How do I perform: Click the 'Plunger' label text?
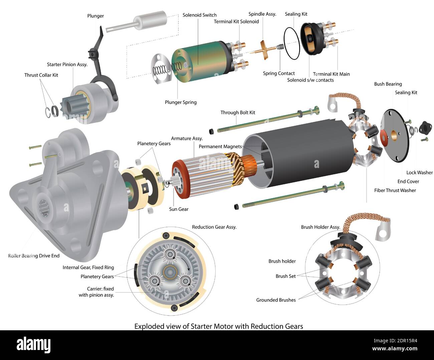[x=95, y=16]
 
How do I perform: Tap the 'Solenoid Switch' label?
[x=199, y=15]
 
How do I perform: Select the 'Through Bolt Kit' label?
[x=237, y=113]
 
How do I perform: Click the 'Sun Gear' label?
[x=179, y=209]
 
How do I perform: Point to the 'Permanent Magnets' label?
[x=220, y=146]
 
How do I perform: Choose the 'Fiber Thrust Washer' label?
[x=395, y=190]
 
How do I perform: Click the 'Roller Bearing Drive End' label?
[x=34, y=256]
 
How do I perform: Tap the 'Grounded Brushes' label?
[x=276, y=300]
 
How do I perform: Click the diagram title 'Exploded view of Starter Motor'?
[x=218, y=326]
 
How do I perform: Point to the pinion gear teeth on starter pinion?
[x=70, y=107]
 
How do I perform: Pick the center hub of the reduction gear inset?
[x=170, y=272]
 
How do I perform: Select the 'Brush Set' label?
[x=285, y=276]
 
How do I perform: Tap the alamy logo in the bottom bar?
[x=33, y=344]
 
